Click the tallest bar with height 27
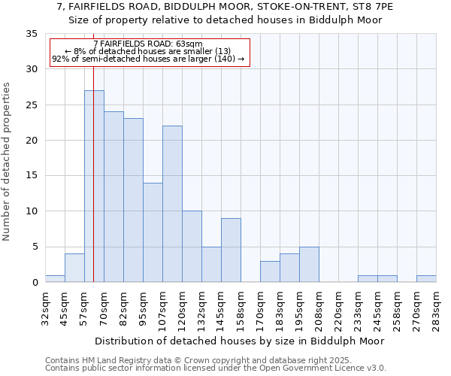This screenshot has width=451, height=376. [94, 186]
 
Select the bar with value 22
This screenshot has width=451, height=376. [172, 204]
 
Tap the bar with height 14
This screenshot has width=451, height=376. [153, 232]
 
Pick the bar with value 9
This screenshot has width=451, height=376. [231, 250]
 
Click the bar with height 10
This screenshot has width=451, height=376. [192, 247]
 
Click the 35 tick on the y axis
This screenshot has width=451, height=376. [32, 34]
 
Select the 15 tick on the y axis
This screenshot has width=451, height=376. [32, 176]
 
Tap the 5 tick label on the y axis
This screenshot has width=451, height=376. [35, 247]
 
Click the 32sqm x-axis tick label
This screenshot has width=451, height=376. [45, 309]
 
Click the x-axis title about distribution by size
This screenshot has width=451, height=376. [240, 341]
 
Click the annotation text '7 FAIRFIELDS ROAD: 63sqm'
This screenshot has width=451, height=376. [148, 44]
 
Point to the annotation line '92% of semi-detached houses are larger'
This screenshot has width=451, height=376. [148, 59]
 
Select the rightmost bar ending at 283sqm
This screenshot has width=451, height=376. [426, 279]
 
